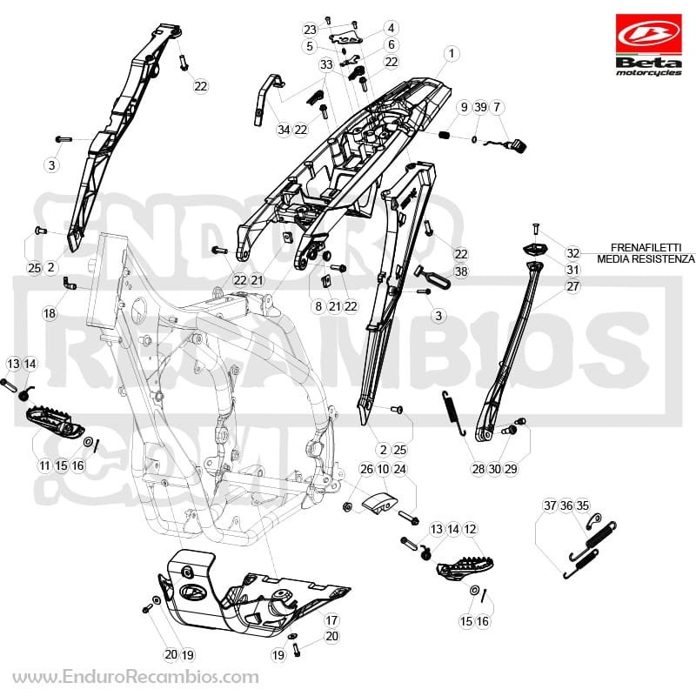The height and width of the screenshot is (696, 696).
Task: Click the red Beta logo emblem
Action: [648, 34]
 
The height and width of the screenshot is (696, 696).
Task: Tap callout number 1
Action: [452, 54]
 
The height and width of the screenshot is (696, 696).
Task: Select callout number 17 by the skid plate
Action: [331, 620]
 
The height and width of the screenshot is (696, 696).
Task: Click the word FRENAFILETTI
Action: [639, 247]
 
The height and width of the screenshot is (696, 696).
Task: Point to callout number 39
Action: [480, 107]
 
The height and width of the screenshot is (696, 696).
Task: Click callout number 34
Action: [284, 130]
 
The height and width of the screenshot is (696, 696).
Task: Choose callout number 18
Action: [50, 313]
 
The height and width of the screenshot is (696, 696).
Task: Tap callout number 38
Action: [461, 271]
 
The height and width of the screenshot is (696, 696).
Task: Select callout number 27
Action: [572, 286]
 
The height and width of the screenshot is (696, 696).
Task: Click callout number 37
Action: [550, 505]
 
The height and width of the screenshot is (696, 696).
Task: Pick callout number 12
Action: [469, 529]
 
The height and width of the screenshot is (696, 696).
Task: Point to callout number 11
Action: [44, 465]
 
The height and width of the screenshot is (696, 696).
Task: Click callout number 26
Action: [366, 469]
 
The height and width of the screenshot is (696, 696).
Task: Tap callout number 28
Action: [478, 469]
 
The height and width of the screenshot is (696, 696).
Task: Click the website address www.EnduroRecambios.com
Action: [136, 678]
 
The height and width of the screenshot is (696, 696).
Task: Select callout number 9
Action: [465, 107]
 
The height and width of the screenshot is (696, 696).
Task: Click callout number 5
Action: [310, 46]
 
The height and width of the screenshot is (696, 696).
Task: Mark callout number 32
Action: [572, 252]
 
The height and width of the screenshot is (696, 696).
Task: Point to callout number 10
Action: [383, 469]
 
